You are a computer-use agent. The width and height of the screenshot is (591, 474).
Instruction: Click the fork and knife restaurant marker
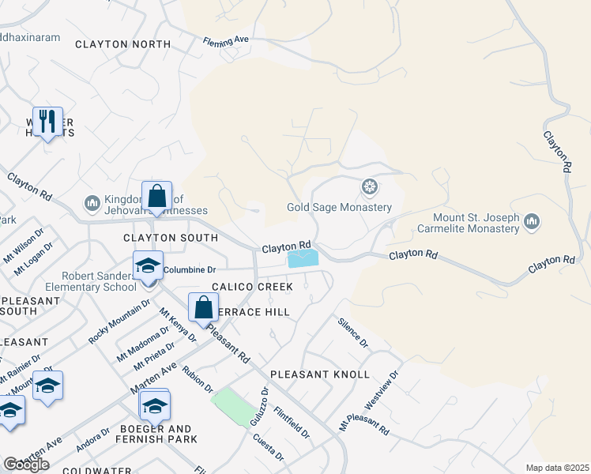coord(48,121)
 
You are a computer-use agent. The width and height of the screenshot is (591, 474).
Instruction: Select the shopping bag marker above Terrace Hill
coord(203,307)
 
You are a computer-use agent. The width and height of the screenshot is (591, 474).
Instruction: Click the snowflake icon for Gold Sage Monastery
coord(368,187)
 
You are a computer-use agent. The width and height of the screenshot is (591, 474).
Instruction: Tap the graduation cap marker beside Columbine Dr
coord(147,265)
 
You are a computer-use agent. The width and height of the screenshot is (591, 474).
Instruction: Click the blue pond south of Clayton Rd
coord(303,258)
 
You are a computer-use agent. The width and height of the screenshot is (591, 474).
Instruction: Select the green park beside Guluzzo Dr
coord(234,405)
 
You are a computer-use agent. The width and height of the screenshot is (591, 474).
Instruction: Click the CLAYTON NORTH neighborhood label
coord(122,45)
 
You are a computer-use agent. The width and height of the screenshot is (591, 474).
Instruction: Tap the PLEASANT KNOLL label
coord(319,374)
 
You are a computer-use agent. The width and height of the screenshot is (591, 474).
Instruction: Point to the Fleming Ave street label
coord(226,39)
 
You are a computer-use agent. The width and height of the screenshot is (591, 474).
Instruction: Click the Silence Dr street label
coord(352,333)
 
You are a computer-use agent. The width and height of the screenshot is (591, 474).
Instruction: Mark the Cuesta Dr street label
coord(269,446)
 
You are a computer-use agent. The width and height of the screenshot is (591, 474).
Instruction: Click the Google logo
coord(26,465)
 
